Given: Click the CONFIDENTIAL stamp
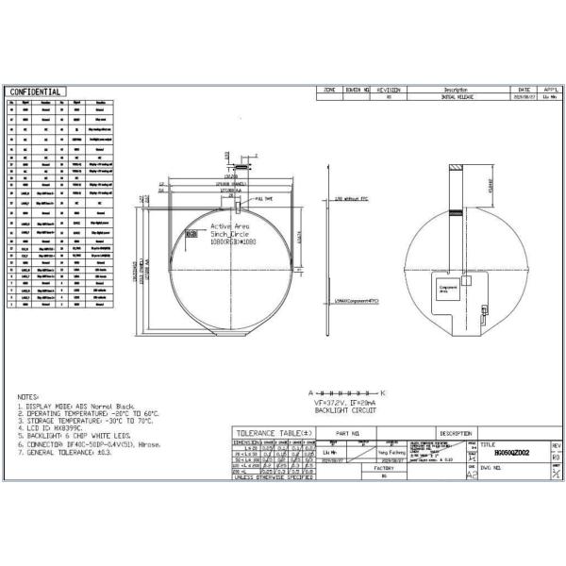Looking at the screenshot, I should coord(35,92).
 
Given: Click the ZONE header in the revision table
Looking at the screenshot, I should coord(329,90).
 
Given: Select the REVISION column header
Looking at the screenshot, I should coord(390,90).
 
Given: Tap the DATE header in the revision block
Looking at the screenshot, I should coord(525,90).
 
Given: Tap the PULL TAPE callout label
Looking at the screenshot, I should coord(263,199).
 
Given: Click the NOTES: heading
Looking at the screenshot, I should coord(28,397).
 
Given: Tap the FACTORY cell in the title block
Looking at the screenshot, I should coord(384,467).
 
